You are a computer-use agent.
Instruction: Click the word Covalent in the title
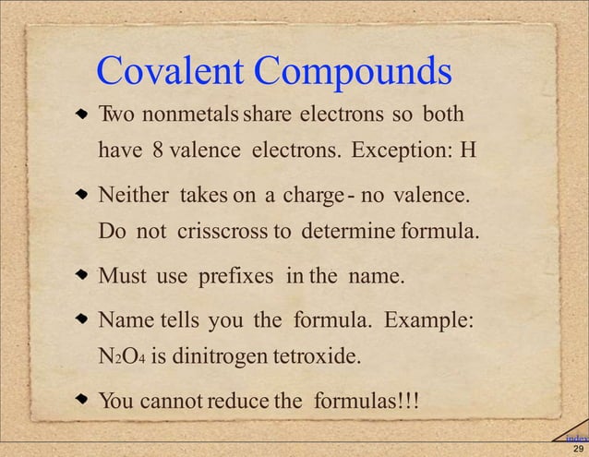coord(170,70)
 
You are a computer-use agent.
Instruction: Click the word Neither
coord(135,196)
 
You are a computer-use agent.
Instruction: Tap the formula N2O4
coord(120,357)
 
